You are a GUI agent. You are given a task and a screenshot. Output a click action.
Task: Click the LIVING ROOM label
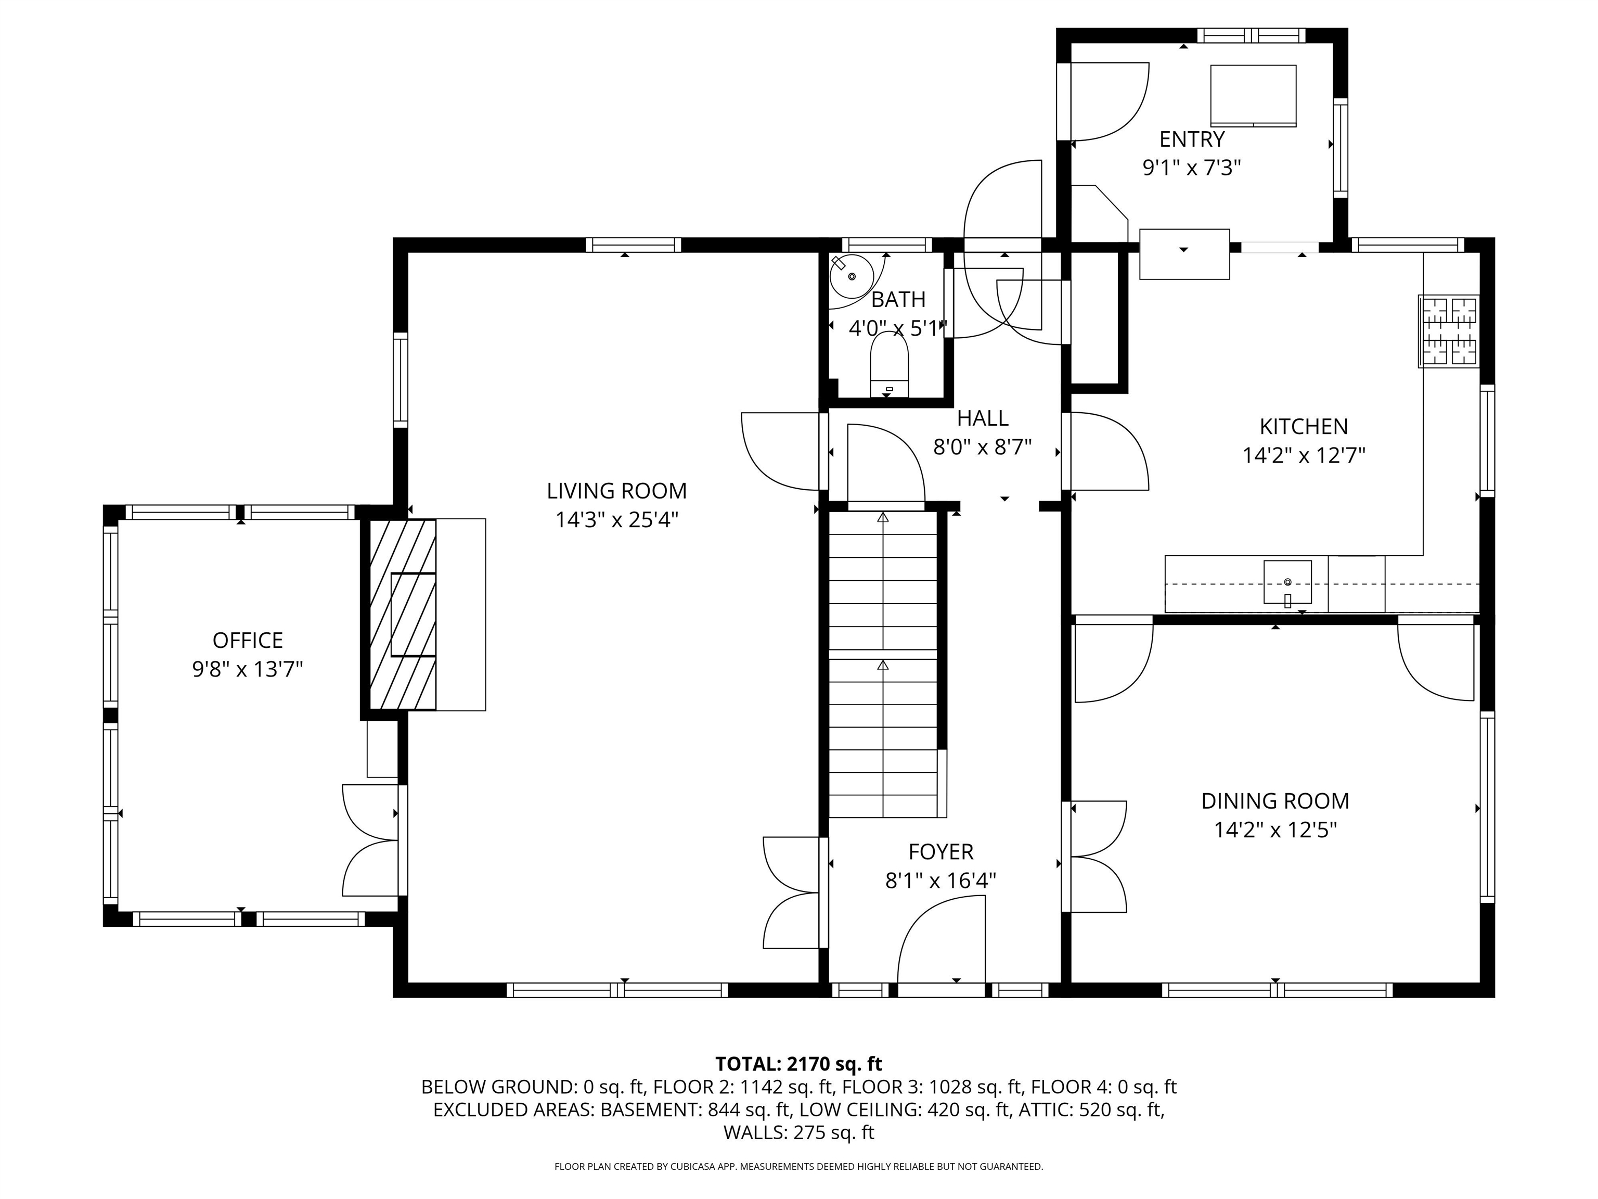tap(616, 491)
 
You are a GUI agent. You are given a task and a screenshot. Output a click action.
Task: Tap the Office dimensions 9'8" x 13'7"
tap(247, 669)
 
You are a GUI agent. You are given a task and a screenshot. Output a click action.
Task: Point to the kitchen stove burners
tap(1449, 331)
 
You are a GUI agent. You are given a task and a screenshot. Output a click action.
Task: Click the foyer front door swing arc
tap(939, 939)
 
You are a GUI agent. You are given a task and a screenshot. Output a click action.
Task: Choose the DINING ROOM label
tap(1275, 801)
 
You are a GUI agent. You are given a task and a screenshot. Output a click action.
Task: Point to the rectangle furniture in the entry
tap(1253, 95)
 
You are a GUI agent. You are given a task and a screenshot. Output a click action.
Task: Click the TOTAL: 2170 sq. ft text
tap(798, 1064)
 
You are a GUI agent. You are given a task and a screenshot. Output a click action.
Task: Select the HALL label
tap(983, 418)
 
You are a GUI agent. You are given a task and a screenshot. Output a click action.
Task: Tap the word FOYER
tap(940, 852)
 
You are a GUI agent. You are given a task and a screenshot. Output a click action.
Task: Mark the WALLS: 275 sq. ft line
tap(798, 1132)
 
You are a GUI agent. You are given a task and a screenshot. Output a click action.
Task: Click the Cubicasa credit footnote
tap(798, 1167)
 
